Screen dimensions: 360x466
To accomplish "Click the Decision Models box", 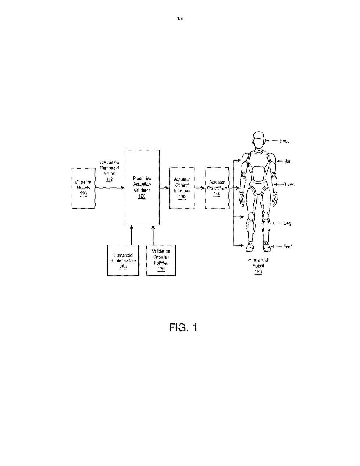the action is (83, 188).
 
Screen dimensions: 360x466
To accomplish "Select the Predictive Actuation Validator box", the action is (142, 187).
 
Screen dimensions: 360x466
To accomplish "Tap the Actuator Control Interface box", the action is (182, 188).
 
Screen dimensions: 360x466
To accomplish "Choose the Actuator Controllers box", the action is (217, 188).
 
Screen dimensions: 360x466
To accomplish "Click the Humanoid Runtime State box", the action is (123, 260).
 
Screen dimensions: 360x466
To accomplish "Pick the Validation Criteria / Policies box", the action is (161, 260).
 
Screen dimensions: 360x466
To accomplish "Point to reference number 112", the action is (109, 179).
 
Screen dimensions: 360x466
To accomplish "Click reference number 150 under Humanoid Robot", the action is (258, 272).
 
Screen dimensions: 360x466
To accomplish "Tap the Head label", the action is (284, 141).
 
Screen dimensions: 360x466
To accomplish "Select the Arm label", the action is (288, 161).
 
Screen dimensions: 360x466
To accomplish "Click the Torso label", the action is (289, 184).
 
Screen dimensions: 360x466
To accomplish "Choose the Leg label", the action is (287, 223).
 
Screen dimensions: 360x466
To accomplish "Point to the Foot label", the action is (288, 247).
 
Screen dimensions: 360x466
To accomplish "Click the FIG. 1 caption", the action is (183, 327).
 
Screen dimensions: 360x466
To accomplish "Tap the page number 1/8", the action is (180, 19).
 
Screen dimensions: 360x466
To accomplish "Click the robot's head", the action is (259, 140).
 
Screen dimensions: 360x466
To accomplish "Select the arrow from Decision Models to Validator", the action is (110, 188).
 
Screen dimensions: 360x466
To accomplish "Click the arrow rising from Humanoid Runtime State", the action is (132, 235).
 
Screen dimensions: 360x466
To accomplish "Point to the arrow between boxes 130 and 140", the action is (200, 188).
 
